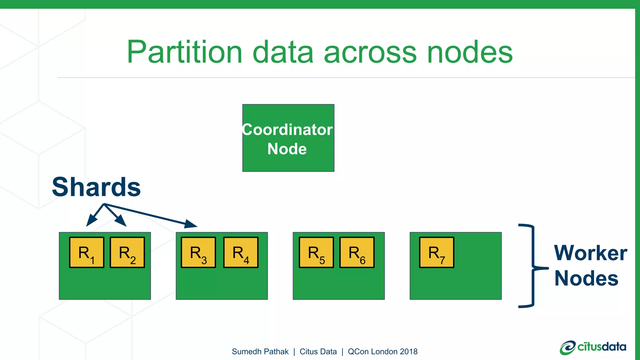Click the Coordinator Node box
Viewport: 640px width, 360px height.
(288, 138)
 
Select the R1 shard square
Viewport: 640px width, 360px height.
(87, 252)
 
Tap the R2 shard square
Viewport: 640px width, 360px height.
(127, 252)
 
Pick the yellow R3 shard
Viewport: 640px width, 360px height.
(198, 252)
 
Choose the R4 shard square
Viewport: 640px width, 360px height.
(241, 252)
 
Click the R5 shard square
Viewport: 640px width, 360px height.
(316, 252)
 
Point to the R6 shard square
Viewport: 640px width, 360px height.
(357, 252)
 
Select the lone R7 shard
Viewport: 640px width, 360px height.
(437, 252)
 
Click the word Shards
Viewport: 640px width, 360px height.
(96, 187)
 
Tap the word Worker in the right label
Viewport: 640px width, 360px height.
(590, 253)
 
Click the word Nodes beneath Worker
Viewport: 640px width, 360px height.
(586, 278)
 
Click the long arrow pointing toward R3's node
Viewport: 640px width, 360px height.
(150, 215)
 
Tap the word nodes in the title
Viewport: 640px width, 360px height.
(470, 52)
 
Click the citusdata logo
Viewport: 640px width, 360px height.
(593, 347)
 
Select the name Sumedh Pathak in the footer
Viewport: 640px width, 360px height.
(260, 352)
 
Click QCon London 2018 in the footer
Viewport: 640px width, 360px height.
(382, 352)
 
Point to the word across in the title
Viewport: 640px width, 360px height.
(370, 52)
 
